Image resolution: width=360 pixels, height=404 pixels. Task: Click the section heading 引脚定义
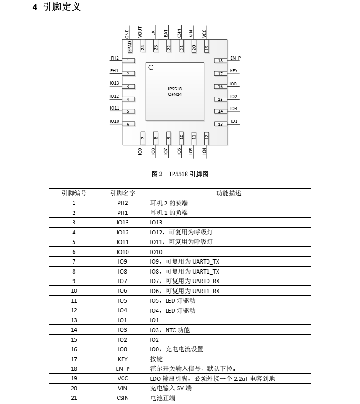click(x=62, y=7)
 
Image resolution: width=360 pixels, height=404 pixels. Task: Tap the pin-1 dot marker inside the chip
click(x=151, y=67)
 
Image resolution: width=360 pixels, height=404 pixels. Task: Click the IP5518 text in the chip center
click(x=175, y=89)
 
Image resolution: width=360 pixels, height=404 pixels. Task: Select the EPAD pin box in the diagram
click(x=130, y=46)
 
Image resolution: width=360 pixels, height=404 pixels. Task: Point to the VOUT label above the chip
click(x=140, y=32)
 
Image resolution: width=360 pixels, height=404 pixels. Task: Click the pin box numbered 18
click(x=221, y=61)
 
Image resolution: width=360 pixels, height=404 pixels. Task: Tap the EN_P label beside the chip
click(x=235, y=58)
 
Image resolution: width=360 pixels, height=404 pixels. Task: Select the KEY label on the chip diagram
click(x=233, y=71)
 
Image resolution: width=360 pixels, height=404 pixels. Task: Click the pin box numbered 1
click(x=128, y=61)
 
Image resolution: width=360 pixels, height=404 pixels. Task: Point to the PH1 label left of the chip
click(x=114, y=71)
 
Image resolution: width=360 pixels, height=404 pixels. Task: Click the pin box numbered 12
click(x=207, y=136)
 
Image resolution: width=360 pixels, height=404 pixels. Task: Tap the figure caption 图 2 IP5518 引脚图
click(x=180, y=174)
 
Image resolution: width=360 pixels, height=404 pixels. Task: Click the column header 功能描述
click(x=228, y=193)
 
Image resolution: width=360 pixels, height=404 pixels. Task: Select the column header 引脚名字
click(x=123, y=193)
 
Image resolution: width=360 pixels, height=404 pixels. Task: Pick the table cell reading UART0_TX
click(x=185, y=262)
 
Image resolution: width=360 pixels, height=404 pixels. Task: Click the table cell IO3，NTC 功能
click(x=170, y=330)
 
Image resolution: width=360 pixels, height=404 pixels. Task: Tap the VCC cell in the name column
click(x=123, y=379)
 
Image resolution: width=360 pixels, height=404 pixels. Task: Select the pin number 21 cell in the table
click(x=74, y=398)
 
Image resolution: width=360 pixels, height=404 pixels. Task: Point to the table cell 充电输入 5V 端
click(x=171, y=388)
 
